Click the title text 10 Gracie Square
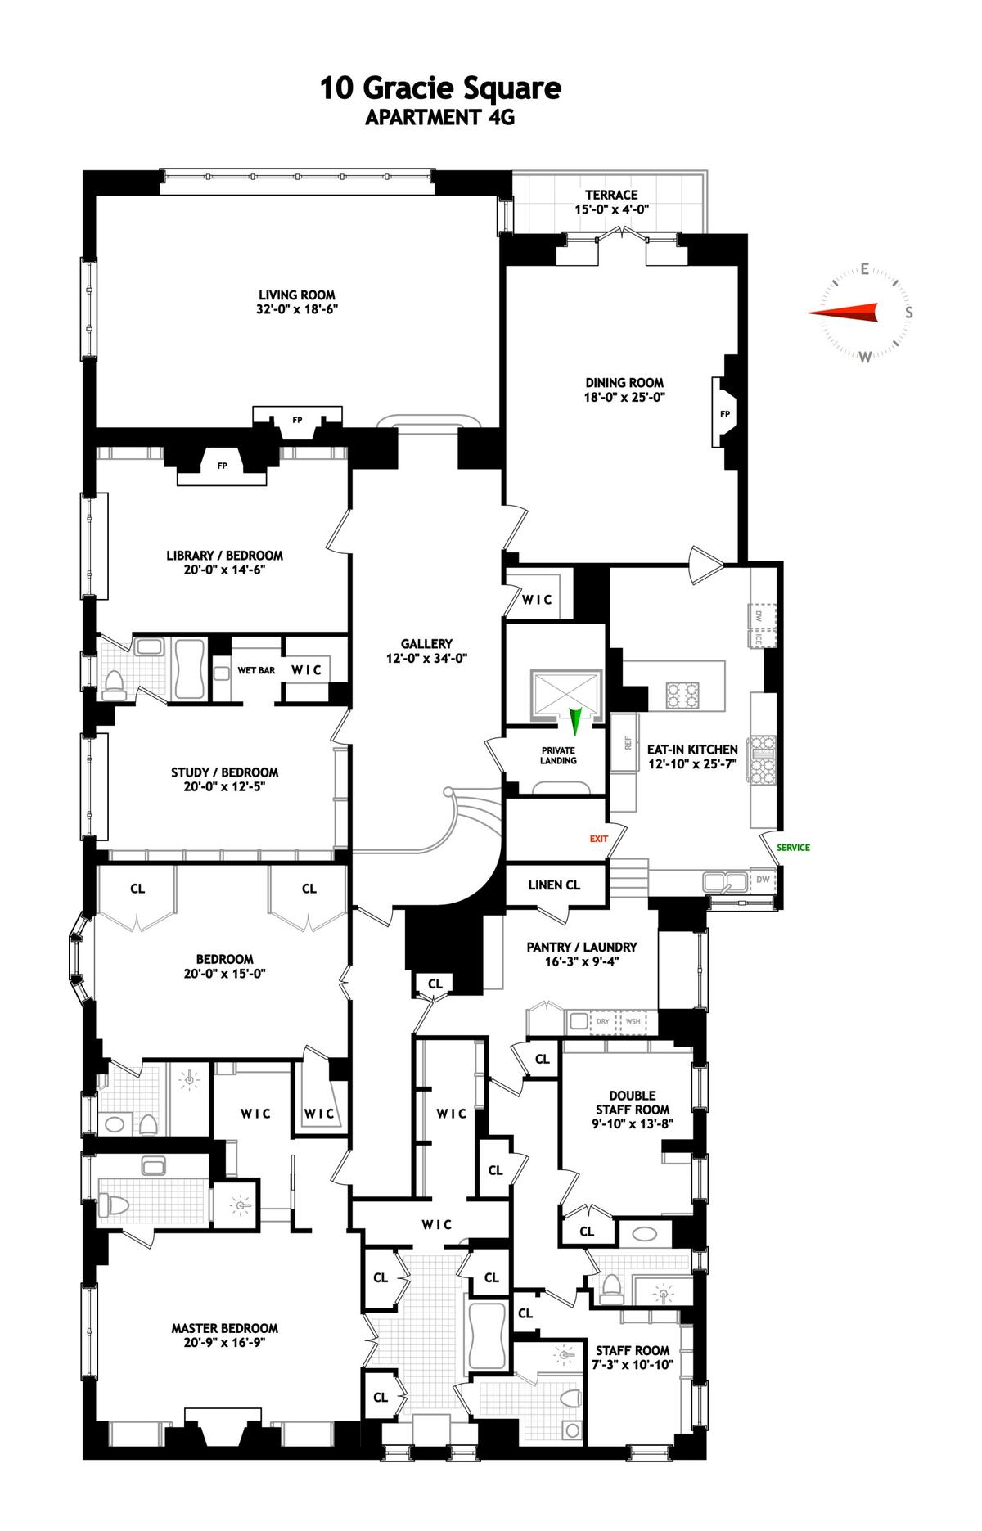(440, 88)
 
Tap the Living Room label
(297, 295)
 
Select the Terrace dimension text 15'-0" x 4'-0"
(611, 209)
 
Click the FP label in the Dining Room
(725, 414)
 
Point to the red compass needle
(843, 313)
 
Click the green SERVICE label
(794, 848)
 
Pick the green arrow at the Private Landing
(575, 720)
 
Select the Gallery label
(426, 644)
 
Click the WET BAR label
(256, 670)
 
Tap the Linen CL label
(554, 885)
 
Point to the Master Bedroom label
(224, 1329)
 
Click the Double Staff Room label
(633, 1103)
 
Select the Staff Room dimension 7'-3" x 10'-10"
(633, 1365)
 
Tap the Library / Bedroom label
(224, 556)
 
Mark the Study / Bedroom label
(224, 772)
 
